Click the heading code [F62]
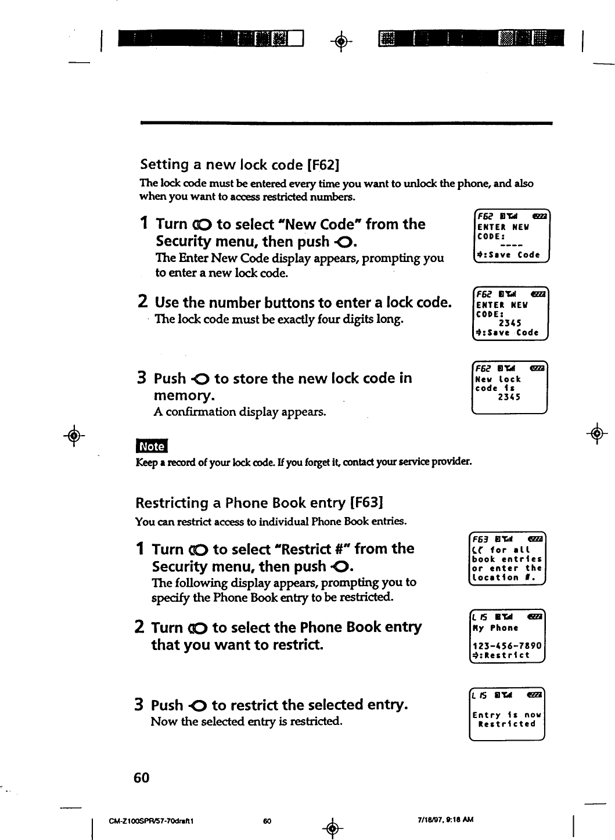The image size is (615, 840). pyautogui.click(x=323, y=165)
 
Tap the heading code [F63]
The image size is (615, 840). pyautogui.click(x=367, y=502)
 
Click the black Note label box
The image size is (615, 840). pyautogui.click(x=151, y=446)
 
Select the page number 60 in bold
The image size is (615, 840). pyautogui.click(x=141, y=777)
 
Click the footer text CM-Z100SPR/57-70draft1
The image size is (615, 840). pyautogui.click(x=151, y=821)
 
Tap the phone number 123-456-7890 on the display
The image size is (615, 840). pyautogui.click(x=506, y=646)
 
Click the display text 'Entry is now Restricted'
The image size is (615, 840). pyautogui.click(x=506, y=719)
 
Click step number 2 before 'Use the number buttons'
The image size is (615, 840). pyautogui.click(x=142, y=302)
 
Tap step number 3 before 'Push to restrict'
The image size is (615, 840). pyautogui.click(x=139, y=705)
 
